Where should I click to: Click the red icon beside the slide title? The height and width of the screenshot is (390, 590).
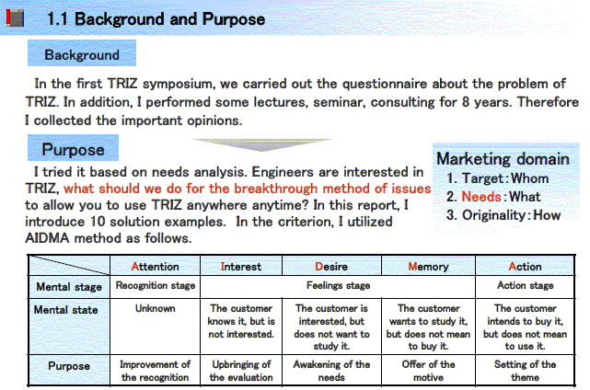coord(15,18)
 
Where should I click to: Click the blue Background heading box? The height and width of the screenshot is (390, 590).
coord(82,53)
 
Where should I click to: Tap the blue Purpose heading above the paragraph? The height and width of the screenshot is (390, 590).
coord(73,148)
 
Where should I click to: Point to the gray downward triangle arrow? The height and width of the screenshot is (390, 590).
coord(262,144)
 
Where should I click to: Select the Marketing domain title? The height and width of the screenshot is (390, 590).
coord(503,159)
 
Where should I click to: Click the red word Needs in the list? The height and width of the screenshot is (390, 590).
coord(481,197)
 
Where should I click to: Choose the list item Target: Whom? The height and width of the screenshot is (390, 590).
coord(497,178)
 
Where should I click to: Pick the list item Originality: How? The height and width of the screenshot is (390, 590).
coord(503,215)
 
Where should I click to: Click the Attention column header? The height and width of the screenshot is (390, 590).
coord(155,266)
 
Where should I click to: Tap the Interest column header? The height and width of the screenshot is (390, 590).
coord(241,266)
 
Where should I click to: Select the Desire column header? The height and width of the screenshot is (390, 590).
coord(331,266)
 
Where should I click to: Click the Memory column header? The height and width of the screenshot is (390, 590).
coord(428,266)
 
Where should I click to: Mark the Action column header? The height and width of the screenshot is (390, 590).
coord(525,266)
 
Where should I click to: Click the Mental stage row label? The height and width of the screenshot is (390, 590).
coord(69,287)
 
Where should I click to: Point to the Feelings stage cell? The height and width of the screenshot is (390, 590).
coord(338,286)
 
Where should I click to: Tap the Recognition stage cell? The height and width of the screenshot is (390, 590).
coord(155,286)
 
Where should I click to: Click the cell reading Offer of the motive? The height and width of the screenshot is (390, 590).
coord(428,371)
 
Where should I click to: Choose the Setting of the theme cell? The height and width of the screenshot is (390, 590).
coord(525,371)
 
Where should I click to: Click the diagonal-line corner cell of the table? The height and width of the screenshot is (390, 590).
coord(69,265)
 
